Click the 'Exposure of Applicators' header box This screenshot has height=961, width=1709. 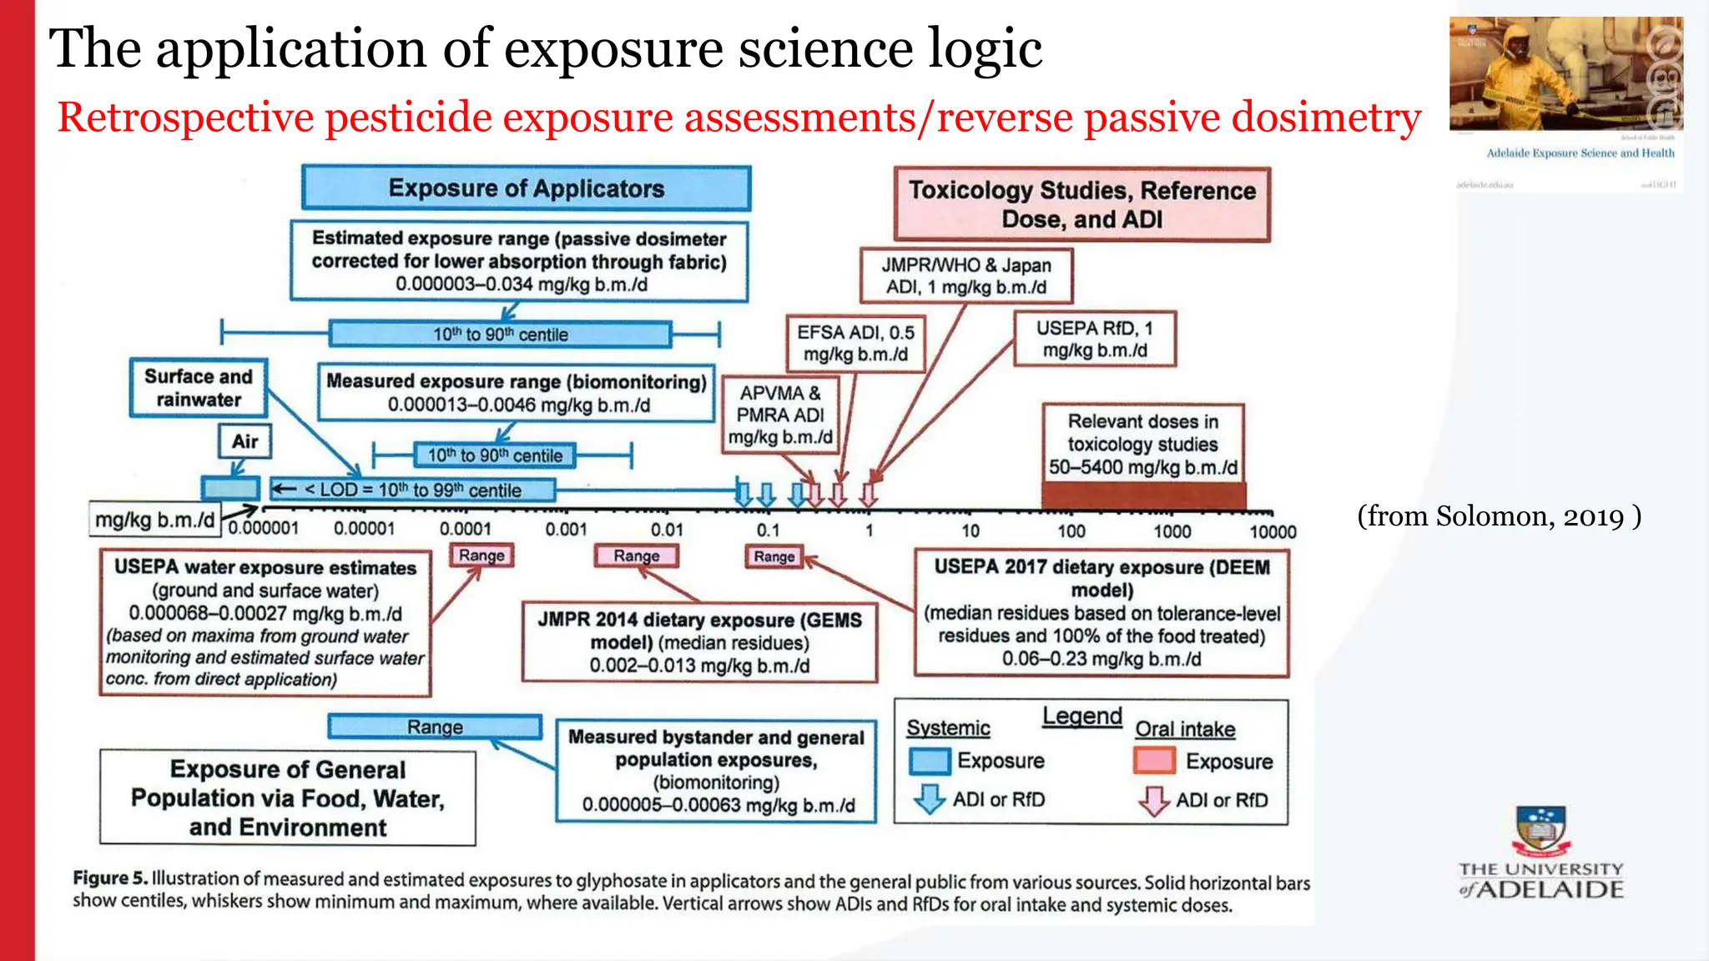point(526,189)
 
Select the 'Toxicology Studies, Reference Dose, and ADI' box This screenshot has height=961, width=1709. point(1081,204)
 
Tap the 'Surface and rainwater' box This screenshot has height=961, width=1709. point(198,388)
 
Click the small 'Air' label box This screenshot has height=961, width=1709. point(245,441)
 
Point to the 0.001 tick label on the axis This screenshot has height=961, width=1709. point(566,530)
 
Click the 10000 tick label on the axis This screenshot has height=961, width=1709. point(1273,532)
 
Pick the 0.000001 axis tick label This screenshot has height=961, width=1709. point(263,529)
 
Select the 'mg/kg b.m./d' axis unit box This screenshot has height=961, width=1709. point(155,520)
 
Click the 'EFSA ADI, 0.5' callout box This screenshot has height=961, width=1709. point(855,343)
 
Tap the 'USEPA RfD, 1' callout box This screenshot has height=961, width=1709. point(1094,340)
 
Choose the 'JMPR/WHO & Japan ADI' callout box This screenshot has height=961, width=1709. point(965,276)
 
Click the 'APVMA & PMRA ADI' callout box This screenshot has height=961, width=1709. point(780,415)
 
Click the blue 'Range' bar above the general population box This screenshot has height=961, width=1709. point(435,727)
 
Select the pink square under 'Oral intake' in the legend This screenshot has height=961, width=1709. point(1155,761)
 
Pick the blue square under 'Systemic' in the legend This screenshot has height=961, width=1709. point(929,761)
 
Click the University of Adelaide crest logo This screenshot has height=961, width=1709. point(1540,831)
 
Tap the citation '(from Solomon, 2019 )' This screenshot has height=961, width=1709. point(1499,516)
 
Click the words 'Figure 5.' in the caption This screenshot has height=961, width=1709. point(110,878)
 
